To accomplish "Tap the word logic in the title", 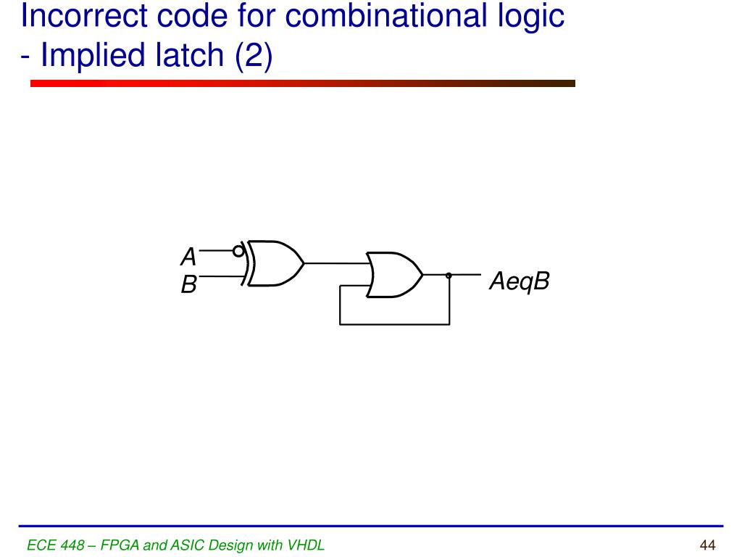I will pos(529,16).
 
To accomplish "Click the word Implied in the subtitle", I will pos(90,57).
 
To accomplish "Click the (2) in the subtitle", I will pos(253,57).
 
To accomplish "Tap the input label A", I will pos(188,257).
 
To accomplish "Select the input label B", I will pos(188,286).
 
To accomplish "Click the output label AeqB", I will pos(519,281).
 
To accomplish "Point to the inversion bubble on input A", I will pos(238,251).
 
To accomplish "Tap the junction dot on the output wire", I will pos(449,275).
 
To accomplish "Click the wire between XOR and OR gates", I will pos(335,263).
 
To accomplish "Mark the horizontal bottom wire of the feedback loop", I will pos(395,324).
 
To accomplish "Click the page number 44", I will pos(708,545).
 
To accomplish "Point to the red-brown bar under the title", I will pos(303,83).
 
